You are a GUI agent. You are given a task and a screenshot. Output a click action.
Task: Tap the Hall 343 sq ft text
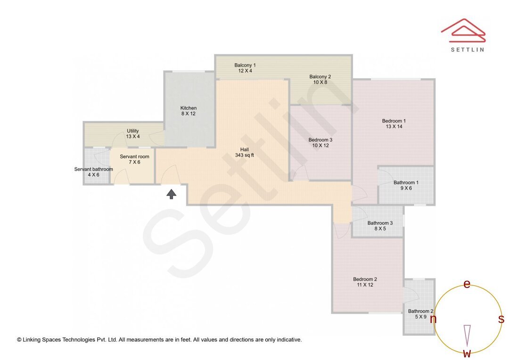click(245, 152)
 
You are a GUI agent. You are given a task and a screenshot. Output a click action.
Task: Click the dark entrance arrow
click(172, 193)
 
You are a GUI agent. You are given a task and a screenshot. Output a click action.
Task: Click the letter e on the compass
click(467, 284)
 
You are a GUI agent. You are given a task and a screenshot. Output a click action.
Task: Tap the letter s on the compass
click(501, 319)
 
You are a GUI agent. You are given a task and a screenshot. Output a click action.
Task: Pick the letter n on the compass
click(433, 319)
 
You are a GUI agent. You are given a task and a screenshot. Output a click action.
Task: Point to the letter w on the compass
click(467, 353)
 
